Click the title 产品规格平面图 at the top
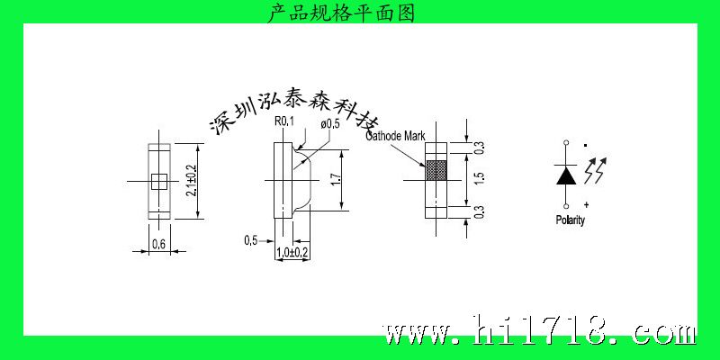pos(341,13)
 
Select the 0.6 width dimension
pos(158,244)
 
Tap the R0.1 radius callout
pos(283,121)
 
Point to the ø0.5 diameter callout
pos(329,124)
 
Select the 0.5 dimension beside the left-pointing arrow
pos(251,240)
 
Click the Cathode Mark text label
pos(395,136)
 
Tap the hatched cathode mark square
pos(436,170)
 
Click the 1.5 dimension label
pos(479,179)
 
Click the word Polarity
pos(571,220)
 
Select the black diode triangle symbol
pos(566,175)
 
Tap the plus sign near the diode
pos(587,203)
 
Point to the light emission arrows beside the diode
pos(595,170)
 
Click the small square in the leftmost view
pos(159,182)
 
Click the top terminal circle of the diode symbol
pos(566,143)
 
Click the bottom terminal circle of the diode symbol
pos(566,206)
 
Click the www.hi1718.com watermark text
pos(539,329)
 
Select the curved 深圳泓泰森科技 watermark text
pos(294,110)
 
